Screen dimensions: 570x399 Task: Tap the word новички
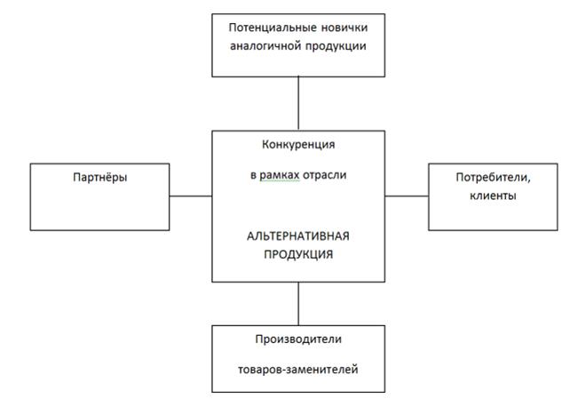coord(344,28)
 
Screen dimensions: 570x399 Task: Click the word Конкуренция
coord(298,145)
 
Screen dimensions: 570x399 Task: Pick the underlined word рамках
coord(280,175)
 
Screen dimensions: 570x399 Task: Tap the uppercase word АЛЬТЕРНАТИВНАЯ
coord(298,236)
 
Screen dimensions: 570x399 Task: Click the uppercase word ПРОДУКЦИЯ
coord(298,254)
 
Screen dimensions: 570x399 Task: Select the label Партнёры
coord(100,178)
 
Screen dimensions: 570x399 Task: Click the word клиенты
coord(493,196)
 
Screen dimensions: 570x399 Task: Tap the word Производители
coord(298,339)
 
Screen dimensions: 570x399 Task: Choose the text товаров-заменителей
coord(298,370)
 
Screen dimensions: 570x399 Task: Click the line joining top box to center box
coord(298,104)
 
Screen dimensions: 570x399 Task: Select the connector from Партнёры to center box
coord(191,196)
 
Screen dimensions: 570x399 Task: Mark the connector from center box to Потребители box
coord(407,196)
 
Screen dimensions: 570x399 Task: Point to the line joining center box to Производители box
coord(298,304)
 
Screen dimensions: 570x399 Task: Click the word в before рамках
coord(253,176)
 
